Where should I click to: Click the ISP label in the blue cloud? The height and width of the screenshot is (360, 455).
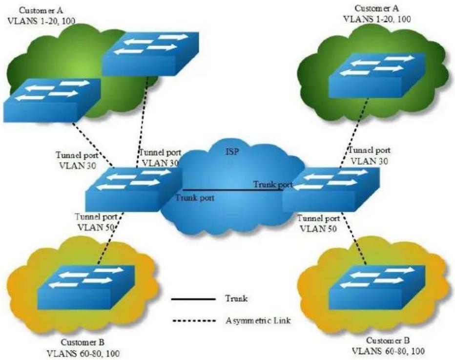[x=232, y=151]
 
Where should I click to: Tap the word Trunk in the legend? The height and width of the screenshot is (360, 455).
[x=236, y=298]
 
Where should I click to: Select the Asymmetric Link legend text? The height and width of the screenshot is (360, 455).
[x=258, y=320]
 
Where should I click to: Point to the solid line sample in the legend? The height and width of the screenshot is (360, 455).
[x=193, y=299]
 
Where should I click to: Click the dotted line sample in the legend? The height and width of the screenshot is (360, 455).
[x=194, y=321]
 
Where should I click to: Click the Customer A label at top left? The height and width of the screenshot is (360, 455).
[x=41, y=10]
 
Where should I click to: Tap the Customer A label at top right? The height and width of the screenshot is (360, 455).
[x=377, y=8]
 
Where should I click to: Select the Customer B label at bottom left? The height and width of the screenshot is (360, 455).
[x=83, y=342]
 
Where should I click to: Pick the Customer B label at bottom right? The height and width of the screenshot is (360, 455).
[x=388, y=340]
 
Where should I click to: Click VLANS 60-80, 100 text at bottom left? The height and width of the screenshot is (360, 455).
[x=83, y=353]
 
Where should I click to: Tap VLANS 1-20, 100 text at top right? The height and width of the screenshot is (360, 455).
[x=377, y=19]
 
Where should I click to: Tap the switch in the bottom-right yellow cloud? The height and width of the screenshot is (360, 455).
[x=377, y=287]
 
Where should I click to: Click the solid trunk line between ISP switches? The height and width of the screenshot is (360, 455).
[x=233, y=190]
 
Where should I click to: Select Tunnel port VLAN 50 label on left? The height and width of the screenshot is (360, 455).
[x=96, y=222]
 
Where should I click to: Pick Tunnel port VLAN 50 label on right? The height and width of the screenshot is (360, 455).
[x=319, y=223]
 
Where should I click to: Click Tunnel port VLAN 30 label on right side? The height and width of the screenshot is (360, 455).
[x=369, y=155]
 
